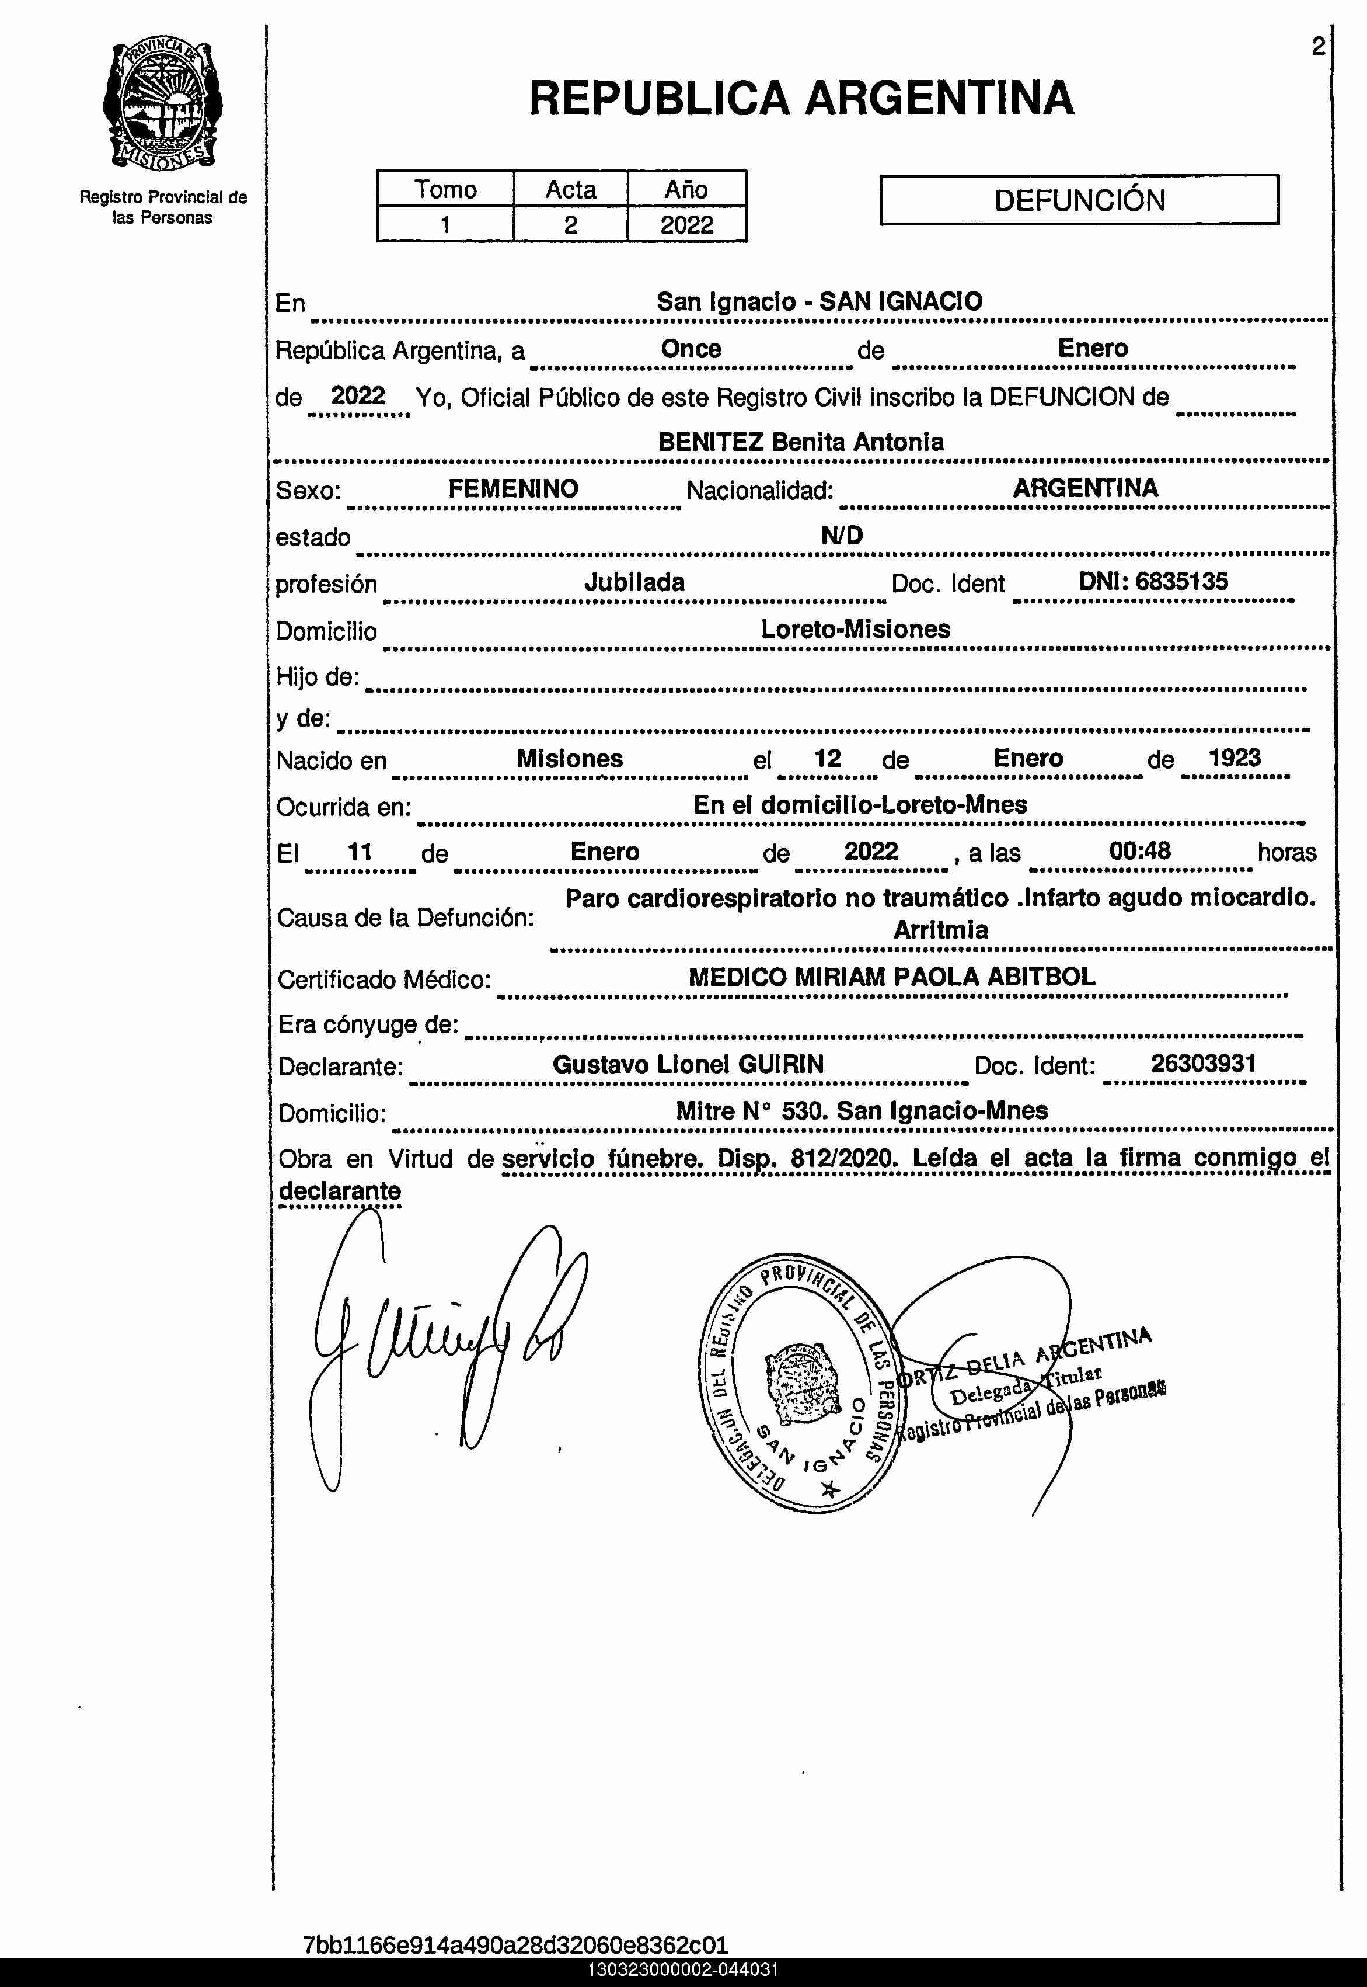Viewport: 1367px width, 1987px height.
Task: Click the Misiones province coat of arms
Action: (163, 105)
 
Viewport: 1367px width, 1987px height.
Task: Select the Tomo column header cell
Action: (445, 189)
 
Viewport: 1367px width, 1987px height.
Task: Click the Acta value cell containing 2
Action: (570, 224)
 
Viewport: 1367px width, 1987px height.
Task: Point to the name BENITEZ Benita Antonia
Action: (800, 442)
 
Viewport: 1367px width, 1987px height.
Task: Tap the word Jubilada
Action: (634, 583)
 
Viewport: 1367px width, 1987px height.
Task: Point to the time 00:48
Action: (1139, 851)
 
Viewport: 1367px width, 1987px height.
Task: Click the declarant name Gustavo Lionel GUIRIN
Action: (687, 1064)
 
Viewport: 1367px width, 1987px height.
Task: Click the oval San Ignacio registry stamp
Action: (797, 1382)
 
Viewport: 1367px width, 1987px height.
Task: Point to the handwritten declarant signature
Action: (445, 1345)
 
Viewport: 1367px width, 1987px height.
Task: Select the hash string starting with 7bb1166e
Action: (515, 1944)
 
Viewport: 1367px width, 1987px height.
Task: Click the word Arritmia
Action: (940, 930)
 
